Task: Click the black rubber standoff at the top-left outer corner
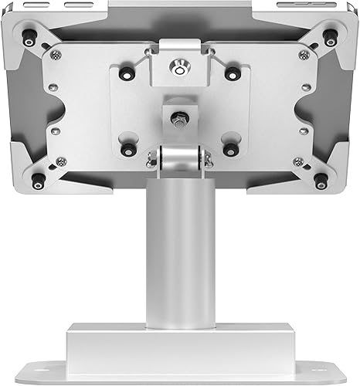pos(29,35)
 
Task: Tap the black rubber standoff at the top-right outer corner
pos(331,35)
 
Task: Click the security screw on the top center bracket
pos(179,70)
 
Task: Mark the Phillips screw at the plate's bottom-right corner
pos(298,161)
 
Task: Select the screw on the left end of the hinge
pos(152,158)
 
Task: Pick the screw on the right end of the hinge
pos(207,158)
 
